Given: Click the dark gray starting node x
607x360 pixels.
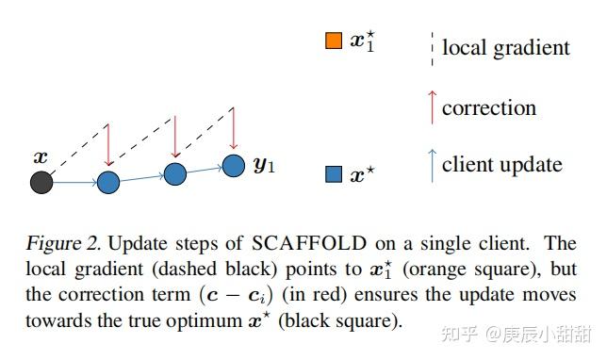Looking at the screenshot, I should [41, 182].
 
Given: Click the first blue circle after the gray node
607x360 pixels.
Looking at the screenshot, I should [108, 182].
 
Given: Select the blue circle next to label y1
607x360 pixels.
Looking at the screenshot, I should [234, 166].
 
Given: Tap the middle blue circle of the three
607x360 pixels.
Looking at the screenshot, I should [174, 173].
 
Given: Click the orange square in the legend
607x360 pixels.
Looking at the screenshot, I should [333, 41].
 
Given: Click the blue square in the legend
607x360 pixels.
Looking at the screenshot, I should [333, 174].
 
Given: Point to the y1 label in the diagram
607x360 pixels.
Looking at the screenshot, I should [264, 168].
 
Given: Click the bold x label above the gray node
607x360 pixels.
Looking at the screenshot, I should [41, 156].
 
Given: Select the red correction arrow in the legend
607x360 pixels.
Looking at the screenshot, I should [432, 106].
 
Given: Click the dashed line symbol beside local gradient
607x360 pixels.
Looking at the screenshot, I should [432, 47].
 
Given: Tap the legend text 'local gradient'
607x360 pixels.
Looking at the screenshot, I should [505, 47].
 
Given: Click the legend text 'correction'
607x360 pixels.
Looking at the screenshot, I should [488, 107].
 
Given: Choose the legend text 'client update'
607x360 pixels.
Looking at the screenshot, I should [501, 165].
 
